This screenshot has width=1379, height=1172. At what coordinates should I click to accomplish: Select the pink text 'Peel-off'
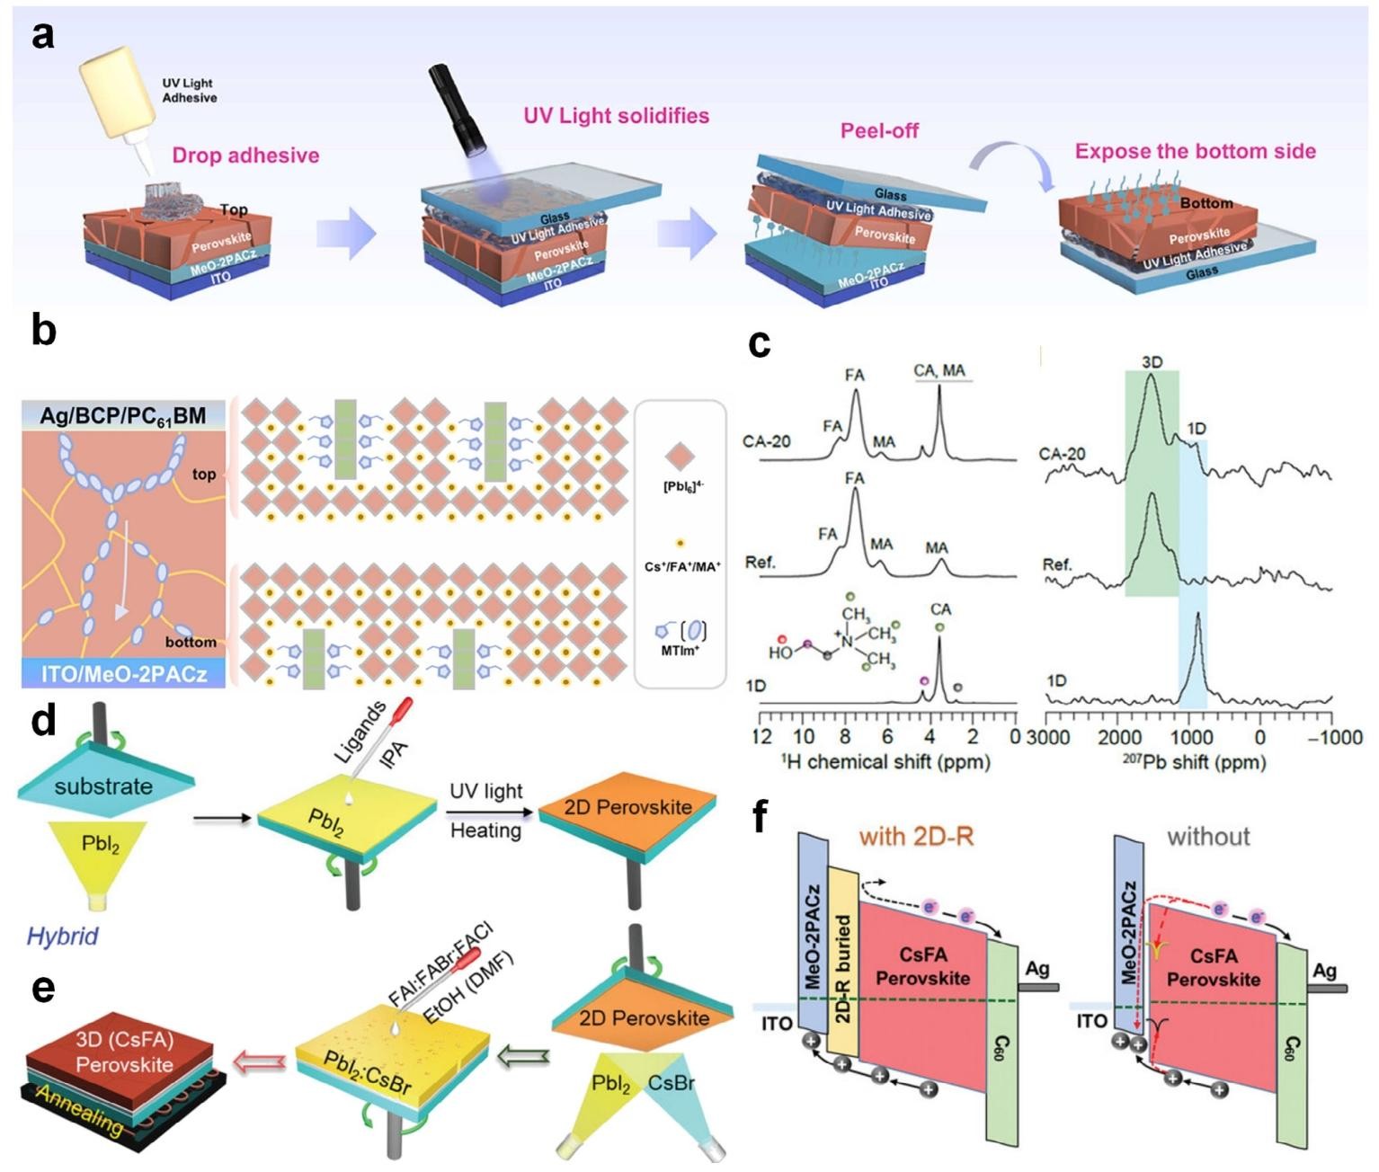(879, 130)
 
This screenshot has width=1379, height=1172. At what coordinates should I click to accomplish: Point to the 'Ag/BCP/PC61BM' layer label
(123, 416)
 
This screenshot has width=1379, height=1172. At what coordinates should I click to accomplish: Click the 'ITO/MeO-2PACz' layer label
(122, 672)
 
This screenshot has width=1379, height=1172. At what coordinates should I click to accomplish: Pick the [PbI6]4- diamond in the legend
(679, 457)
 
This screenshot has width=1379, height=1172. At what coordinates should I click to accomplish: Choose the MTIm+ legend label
(679, 650)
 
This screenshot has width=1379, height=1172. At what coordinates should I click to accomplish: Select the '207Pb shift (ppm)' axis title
(1193, 762)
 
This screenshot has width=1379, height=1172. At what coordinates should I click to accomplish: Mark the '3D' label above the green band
(1152, 361)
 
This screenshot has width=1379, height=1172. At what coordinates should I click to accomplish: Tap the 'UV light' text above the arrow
(485, 791)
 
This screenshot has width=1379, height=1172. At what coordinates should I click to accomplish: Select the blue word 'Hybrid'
(62, 936)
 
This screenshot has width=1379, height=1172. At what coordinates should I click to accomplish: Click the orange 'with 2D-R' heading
(916, 837)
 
